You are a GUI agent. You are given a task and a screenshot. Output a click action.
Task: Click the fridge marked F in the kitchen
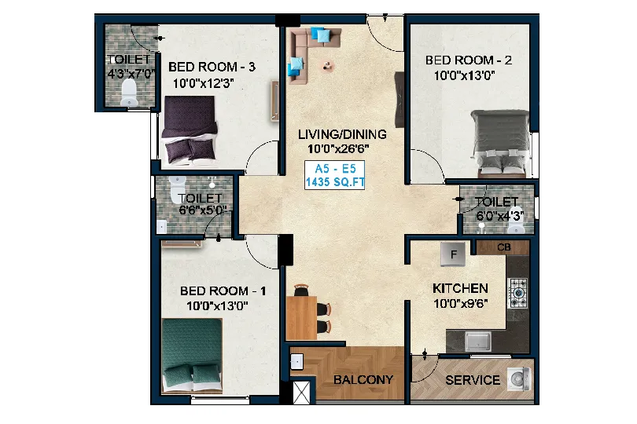click(x=454, y=254)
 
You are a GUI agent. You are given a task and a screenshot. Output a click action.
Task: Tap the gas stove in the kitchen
click(x=518, y=293)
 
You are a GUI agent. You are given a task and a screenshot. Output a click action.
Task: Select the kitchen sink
click(x=478, y=341)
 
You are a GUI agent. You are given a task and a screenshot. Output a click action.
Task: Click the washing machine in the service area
click(x=519, y=379)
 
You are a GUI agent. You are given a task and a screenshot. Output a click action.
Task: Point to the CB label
click(x=504, y=247)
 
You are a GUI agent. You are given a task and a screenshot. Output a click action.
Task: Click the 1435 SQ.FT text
click(x=335, y=182)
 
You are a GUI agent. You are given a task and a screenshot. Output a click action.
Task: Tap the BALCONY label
click(x=363, y=380)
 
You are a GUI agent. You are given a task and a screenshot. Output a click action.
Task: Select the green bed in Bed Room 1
click(x=192, y=356)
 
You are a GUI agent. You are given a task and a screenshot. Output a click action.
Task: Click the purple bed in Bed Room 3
click(x=190, y=130)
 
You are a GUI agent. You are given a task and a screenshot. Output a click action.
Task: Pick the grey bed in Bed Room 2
click(x=501, y=143)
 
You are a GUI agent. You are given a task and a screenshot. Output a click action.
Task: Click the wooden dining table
click(x=301, y=318)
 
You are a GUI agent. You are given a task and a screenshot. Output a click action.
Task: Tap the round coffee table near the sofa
click(x=327, y=65)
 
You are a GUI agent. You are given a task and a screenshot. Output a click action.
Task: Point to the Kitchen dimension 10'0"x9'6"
click(x=461, y=304)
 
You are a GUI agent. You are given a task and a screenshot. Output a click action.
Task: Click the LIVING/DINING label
click(x=342, y=134)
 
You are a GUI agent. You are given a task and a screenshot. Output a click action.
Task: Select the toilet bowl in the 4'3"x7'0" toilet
click(x=129, y=92)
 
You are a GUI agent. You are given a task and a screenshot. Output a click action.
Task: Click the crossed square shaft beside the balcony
click(x=301, y=393)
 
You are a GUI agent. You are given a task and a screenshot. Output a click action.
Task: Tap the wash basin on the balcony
click(x=297, y=361)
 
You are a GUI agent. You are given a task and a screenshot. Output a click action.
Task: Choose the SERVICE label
click(x=473, y=380)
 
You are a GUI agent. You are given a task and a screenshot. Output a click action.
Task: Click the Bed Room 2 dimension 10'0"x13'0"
click(x=464, y=75)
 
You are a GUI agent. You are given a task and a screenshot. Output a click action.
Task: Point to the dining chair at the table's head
click(x=301, y=290)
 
